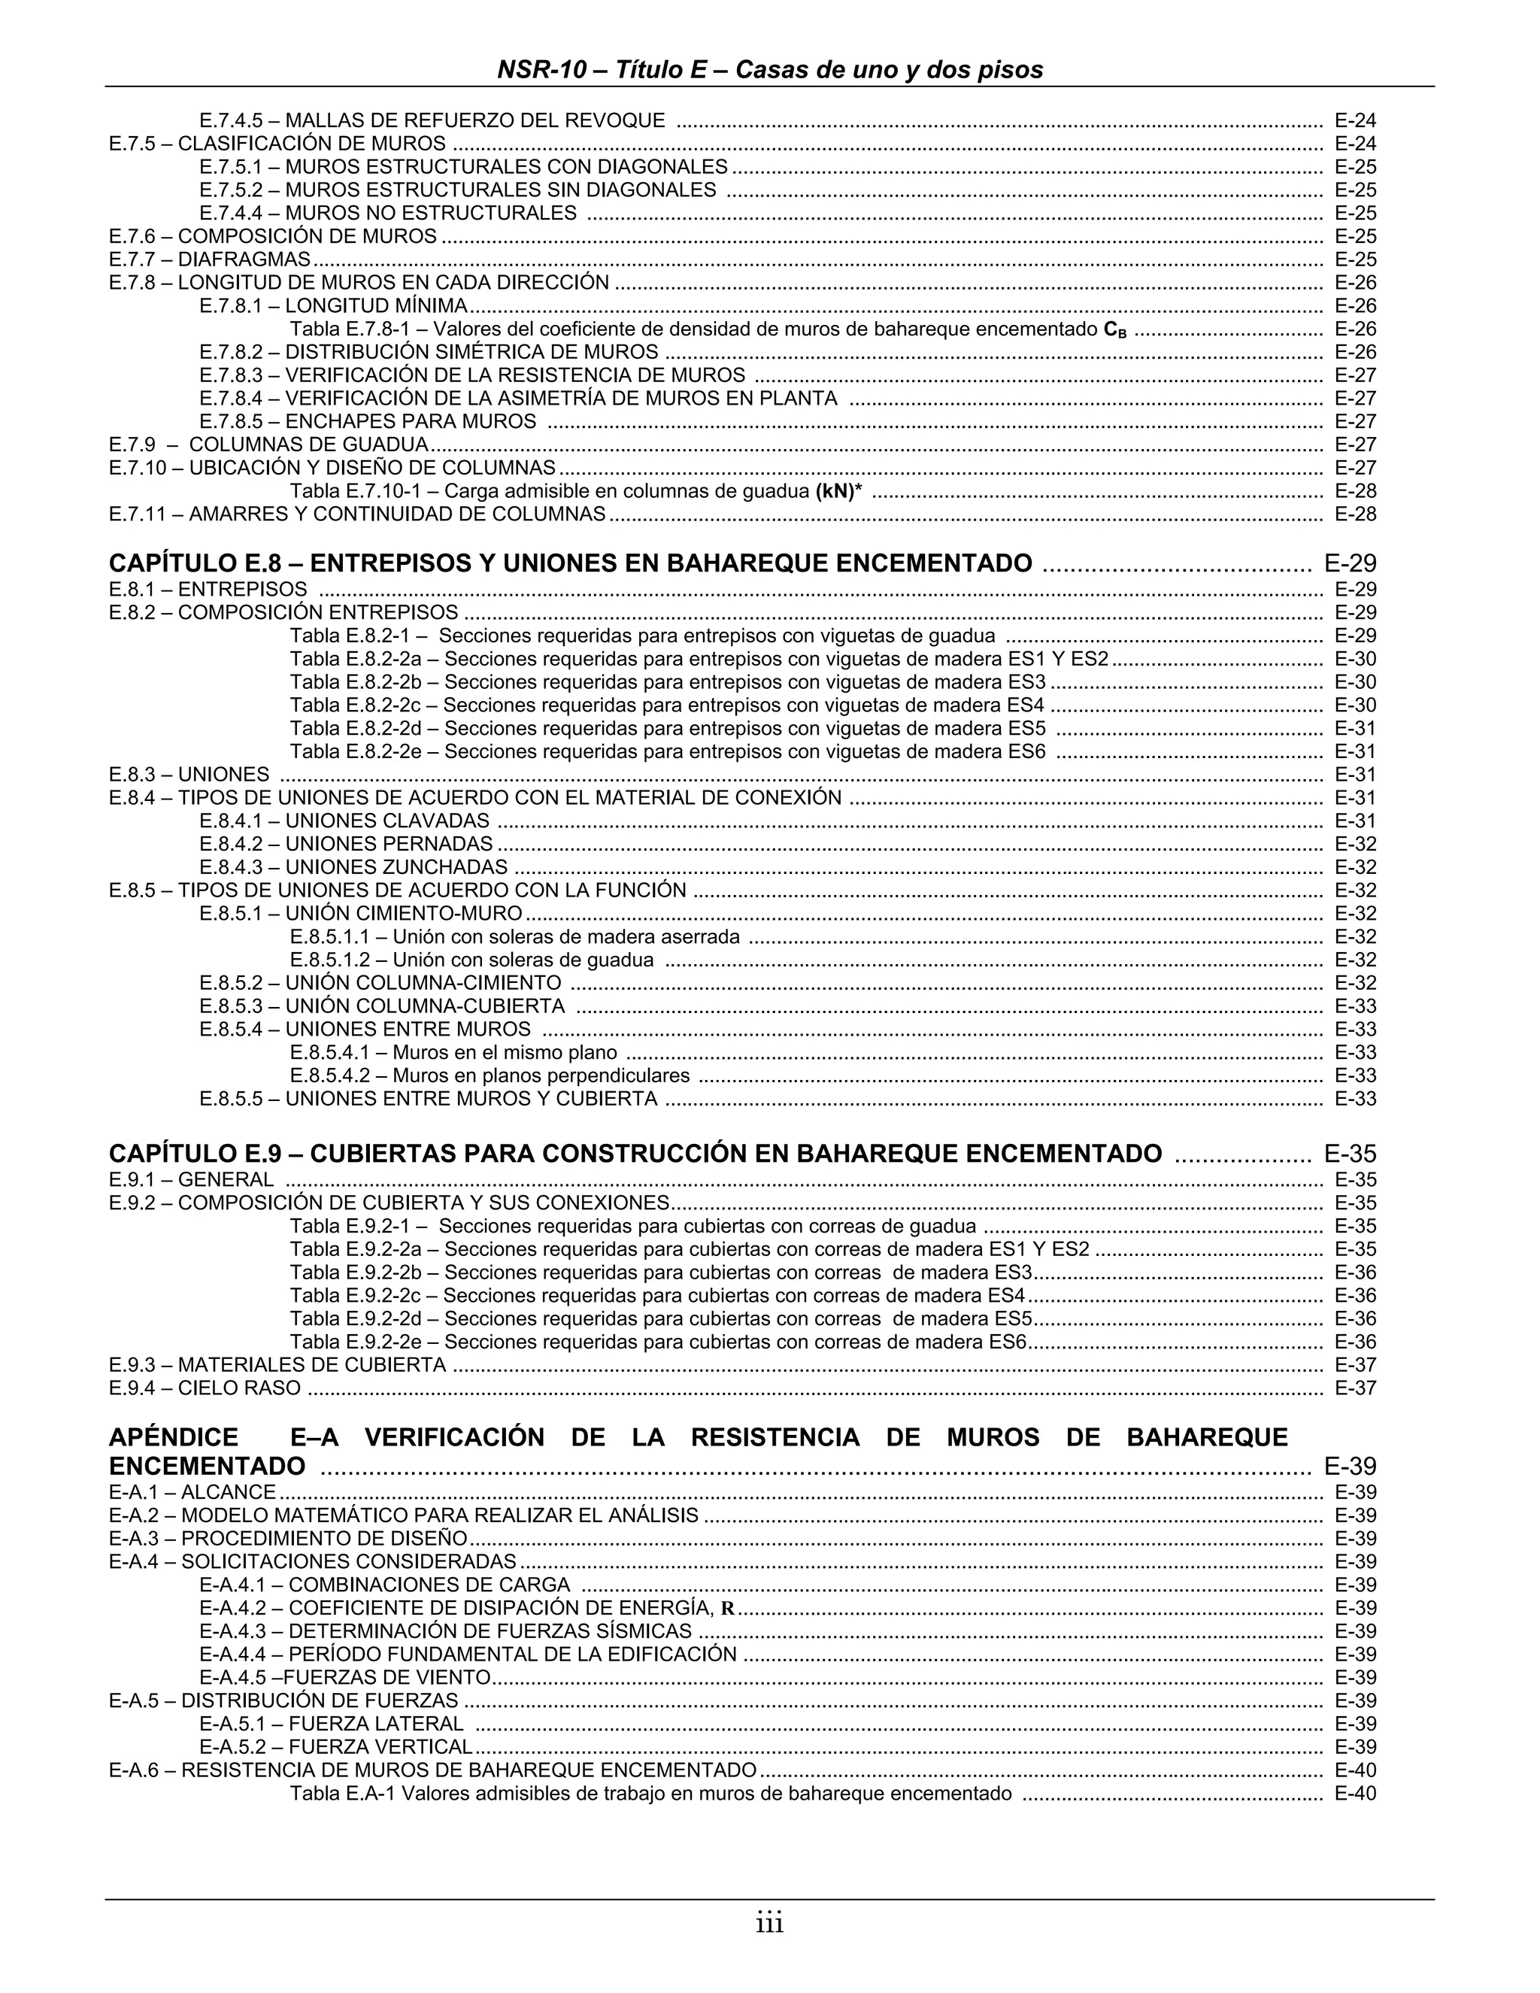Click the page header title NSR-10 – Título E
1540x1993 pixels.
[769, 70]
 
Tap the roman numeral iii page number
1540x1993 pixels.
[769, 1924]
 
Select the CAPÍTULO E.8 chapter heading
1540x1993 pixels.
[570, 563]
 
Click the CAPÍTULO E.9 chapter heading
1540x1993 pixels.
[635, 1154]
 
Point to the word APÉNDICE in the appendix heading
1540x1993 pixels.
[174, 1438]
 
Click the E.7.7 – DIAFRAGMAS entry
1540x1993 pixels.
[210, 260]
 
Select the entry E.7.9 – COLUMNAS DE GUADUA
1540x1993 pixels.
[268, 445]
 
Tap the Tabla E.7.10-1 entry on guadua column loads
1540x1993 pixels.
[576, 492]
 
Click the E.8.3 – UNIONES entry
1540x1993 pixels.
[189, 775]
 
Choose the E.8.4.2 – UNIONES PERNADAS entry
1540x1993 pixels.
[346, 844]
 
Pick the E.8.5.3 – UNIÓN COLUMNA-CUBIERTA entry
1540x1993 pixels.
[381, 1006]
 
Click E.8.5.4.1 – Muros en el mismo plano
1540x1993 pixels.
[453, 1053]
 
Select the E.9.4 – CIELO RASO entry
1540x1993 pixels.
[205, 1389]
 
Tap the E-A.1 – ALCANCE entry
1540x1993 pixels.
[192, 1493]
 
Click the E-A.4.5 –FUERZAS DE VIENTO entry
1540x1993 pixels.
[345, 1678]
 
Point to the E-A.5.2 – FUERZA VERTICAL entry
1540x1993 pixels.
[335, 1748]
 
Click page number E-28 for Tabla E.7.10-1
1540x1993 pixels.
[1355, 492]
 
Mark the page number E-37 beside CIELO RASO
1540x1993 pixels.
[1355, 1389]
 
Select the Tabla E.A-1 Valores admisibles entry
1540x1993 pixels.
[650, 1794]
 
